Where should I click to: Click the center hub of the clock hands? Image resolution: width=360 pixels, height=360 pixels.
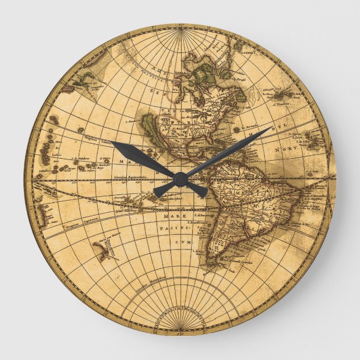[x=180, y=179]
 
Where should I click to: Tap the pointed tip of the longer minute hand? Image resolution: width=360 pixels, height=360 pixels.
[x=272, y=128]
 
